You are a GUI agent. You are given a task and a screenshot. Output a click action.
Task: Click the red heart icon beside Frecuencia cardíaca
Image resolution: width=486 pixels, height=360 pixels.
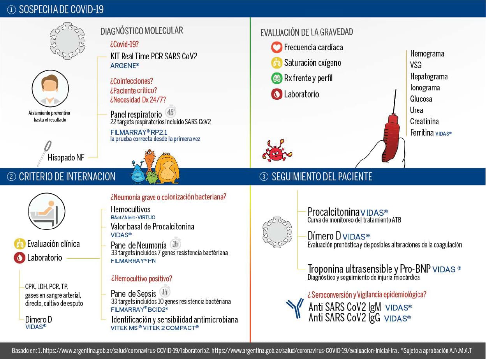point(276,48)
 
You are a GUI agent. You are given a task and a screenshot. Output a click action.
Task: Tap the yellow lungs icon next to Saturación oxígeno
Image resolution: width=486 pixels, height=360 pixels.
point(276,63)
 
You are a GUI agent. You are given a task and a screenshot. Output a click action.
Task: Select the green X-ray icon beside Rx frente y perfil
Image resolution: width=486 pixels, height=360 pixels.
point(276,78)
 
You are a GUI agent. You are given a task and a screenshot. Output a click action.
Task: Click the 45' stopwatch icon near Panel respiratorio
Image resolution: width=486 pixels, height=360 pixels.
point(171,112)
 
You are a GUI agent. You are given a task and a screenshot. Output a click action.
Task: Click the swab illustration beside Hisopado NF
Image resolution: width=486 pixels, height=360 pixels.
point(44,153)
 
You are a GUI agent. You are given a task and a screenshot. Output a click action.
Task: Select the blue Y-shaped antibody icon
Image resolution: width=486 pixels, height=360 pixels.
point(295,308)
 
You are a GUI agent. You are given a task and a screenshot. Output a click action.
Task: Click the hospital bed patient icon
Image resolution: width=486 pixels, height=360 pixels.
point(47,211)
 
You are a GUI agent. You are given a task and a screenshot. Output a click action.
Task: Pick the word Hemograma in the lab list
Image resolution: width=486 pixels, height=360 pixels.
point(427,54)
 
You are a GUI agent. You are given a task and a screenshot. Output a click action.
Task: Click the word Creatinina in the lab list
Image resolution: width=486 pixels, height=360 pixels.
point(424,122)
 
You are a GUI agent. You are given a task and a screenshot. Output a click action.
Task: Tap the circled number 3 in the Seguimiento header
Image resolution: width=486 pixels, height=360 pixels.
point(264,177)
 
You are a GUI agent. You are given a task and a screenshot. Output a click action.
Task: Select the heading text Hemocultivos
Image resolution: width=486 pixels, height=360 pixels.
point(130,209)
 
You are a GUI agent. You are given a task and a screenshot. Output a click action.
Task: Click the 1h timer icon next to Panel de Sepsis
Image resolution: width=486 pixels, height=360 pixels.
point(165,292)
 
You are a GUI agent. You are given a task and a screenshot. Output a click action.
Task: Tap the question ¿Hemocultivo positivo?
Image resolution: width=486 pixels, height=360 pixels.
point(141,279)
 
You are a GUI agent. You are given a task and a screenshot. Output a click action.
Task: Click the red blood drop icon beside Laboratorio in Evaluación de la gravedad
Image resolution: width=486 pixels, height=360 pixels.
point(276,94)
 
